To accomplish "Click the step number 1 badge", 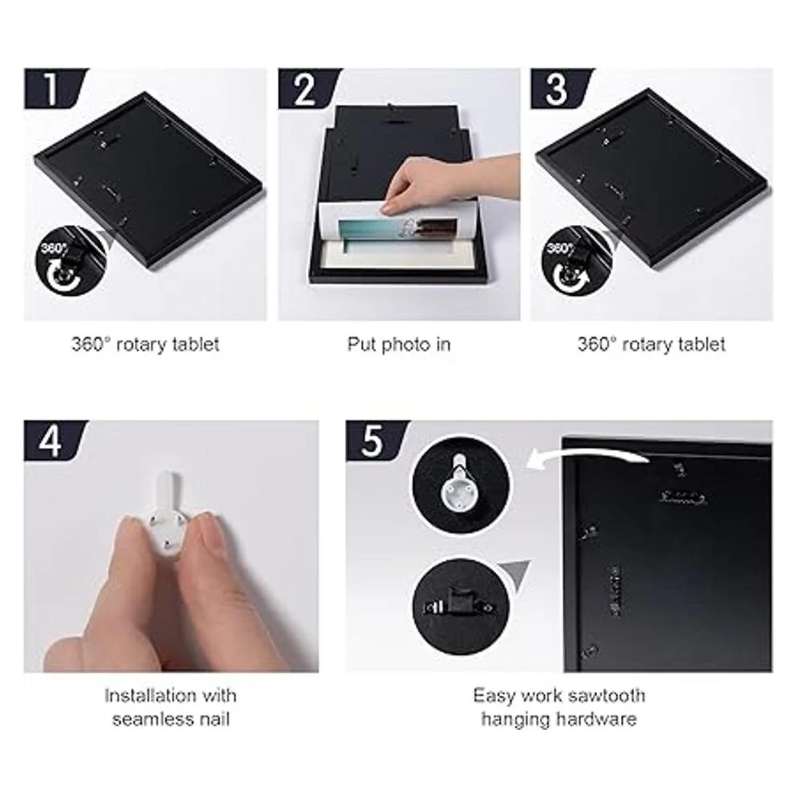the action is coord(54,88).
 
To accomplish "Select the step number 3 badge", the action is coord(561,88).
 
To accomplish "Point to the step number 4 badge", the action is coord(54,440).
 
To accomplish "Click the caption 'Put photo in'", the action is coord(399,345).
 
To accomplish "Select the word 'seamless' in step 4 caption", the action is coord(150,719).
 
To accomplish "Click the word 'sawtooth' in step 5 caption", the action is coord(606,696).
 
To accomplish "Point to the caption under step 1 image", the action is coord(145,344).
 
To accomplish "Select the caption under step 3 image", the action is coord(651,344).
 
